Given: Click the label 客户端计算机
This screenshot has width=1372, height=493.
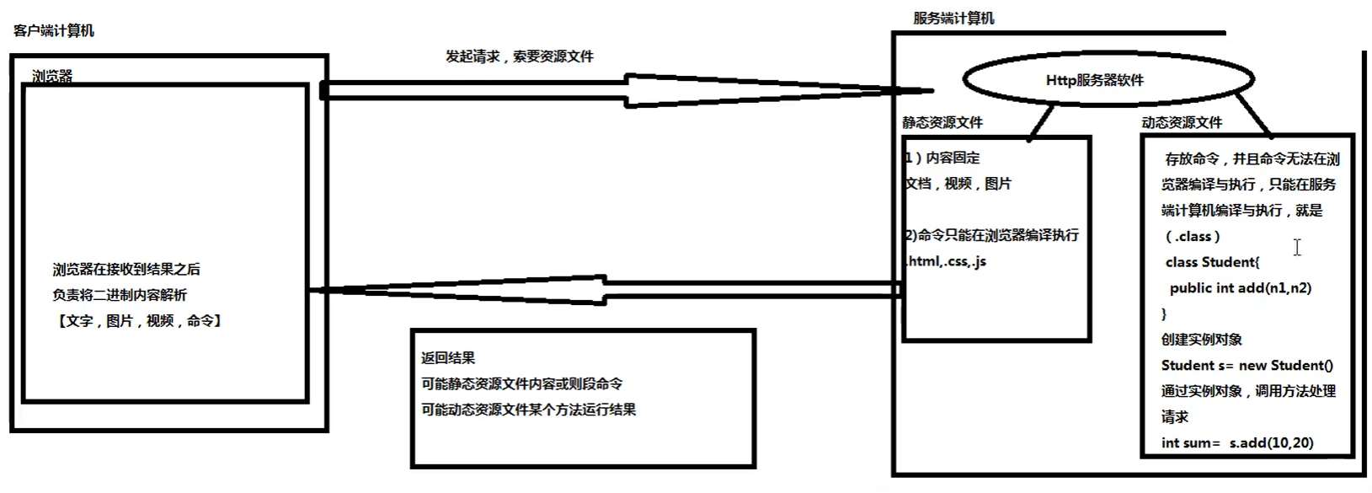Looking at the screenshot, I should [54, 31].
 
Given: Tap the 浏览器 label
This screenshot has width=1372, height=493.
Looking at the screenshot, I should [52, 76].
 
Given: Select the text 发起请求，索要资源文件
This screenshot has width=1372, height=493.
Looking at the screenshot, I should [520, 56].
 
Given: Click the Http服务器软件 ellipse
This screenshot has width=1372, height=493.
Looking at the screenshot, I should [1094, 80].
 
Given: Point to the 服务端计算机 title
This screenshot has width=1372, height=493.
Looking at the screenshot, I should [953, 18].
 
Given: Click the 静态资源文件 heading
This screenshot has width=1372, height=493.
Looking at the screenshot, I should [942, 122].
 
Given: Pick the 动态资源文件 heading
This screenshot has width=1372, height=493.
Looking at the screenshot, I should [1182, 122].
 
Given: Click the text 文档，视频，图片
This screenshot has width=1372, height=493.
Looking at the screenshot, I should [958, 183].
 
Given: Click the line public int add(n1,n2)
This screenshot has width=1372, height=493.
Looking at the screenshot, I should [1240, 288].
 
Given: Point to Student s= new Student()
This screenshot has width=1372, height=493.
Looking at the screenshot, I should [1247, 365].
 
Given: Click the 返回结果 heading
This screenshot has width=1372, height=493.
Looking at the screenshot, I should [448, 357].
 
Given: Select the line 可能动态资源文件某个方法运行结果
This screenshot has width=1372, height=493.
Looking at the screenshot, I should [529, 410].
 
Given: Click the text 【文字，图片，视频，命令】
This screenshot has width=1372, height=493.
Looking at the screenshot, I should [138, 320].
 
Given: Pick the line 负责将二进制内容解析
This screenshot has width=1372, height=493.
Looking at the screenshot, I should [120, 295].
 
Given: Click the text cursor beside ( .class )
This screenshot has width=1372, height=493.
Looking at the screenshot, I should [1297, 247].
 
